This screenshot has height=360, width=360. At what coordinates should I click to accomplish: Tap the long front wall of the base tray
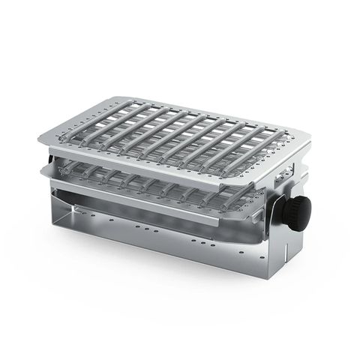165,236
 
